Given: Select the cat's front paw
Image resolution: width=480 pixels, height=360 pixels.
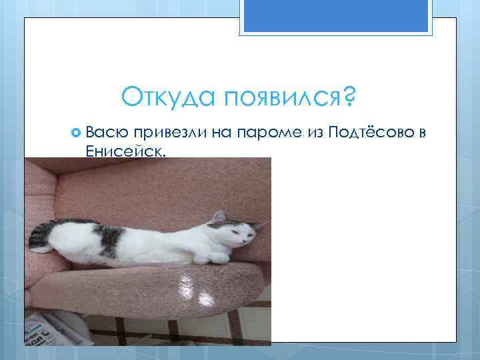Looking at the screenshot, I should coord(218,257).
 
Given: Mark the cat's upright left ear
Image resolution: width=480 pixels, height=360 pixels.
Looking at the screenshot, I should coord(217,217).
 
